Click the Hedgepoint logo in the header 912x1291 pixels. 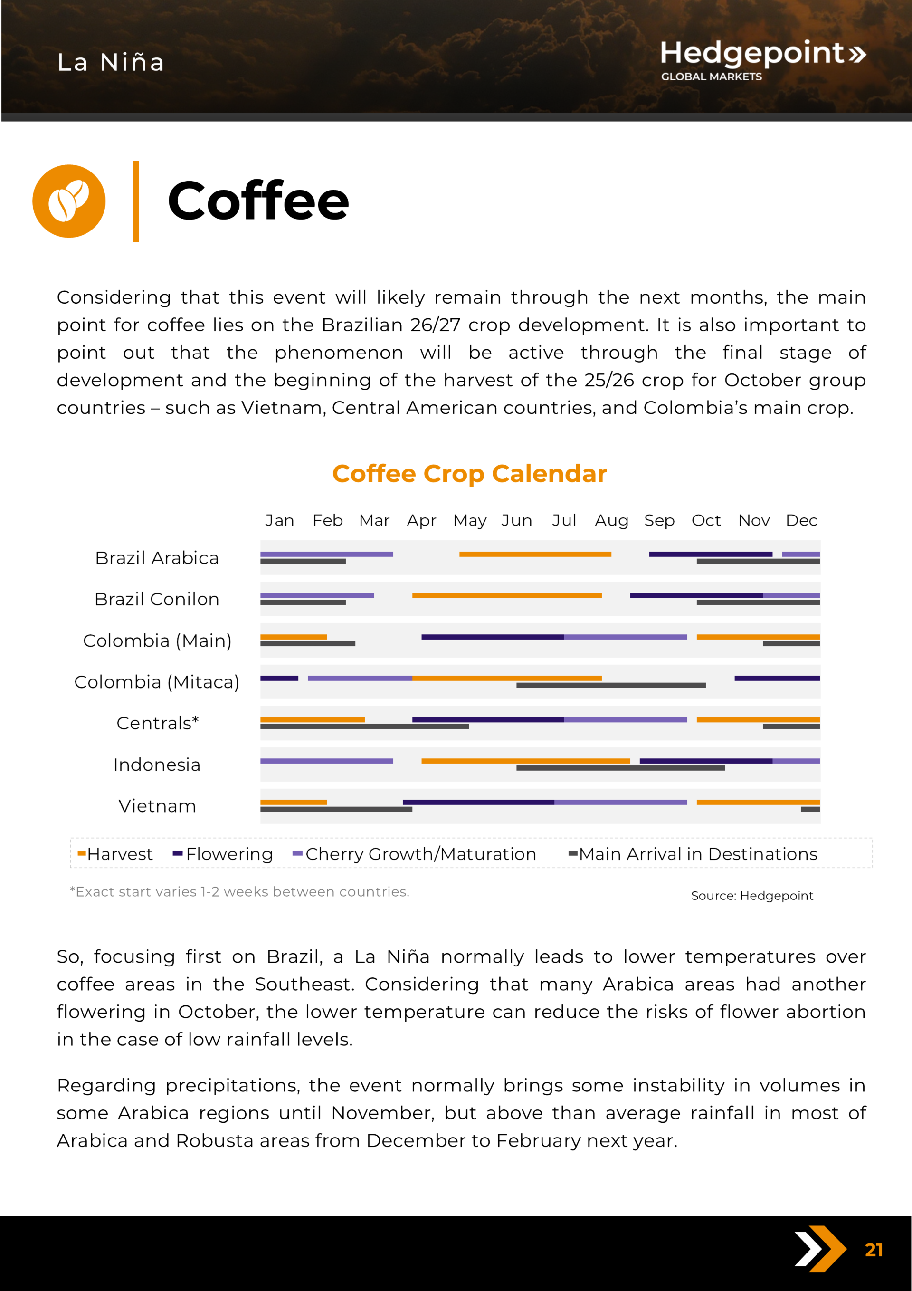[x=762, y=59]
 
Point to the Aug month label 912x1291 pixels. [x=611, y=521]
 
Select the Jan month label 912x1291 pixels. [x=279, y=521]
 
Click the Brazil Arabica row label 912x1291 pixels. [x=157, y=558]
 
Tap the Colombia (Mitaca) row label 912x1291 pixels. [x=157, y=682]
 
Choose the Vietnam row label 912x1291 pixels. [x=157, y=806]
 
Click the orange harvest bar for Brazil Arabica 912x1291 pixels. [x=535, y=555]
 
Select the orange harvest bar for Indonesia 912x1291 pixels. [x=525, y=761]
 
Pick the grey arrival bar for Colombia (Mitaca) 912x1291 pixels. [x=611, y=686]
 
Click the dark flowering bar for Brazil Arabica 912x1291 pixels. [x=710, y=555]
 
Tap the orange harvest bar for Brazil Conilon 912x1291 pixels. [x=507, y=595]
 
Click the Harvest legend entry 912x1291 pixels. [x=115, y=854]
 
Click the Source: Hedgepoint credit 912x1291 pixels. [x=752, y=896]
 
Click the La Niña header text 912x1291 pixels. [x=111, y=62]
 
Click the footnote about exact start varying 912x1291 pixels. [x=239, y=892]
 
